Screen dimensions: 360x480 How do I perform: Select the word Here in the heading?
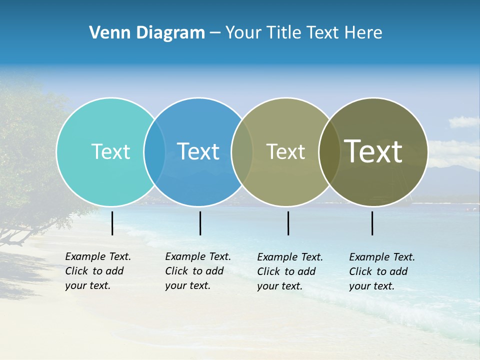point(363,33)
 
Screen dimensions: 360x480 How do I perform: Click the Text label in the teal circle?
point(110,151)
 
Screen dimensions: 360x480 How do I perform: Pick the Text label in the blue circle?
point(198,151)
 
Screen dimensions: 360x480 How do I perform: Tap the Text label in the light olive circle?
point(285,151)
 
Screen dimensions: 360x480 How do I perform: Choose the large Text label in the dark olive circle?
point(373,151)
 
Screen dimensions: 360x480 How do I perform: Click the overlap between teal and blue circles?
point(154,152)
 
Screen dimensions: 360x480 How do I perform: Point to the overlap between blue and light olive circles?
point(242,152)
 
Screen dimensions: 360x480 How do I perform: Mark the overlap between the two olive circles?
point(329,152)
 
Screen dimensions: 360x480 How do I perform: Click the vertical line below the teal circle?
point(112,223)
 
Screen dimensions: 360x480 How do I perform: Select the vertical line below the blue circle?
point(200,223)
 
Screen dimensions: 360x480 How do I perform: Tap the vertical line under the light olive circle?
point(288,223)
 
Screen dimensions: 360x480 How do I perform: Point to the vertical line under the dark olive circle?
point(372,223)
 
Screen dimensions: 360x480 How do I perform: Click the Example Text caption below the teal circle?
point(97,271)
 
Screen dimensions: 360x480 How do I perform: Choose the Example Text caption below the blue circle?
point(197,271)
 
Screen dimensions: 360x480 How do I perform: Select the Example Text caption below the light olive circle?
point(289,271)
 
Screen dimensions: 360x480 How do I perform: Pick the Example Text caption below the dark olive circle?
point(381,271)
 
